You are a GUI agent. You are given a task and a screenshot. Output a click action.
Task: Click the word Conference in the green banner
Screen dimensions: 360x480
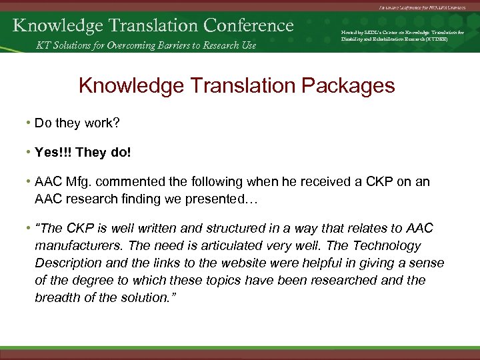(x=249, y=25)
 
